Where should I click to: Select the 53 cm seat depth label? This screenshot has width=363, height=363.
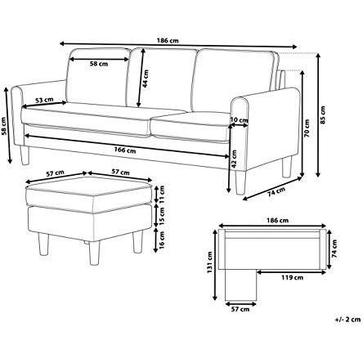click(x=45, y=101)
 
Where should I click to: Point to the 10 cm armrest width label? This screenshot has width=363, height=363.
click(x=239, y=121)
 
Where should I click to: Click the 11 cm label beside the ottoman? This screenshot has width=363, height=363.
click(x=161, y=197)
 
